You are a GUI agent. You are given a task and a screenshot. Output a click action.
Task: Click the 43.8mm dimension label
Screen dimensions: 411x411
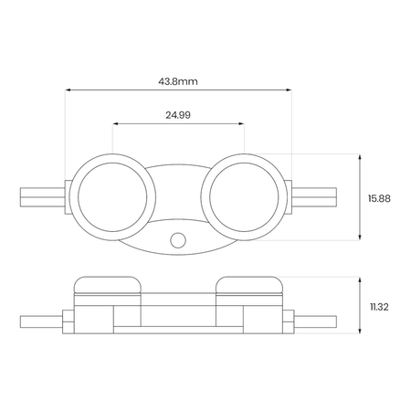coord(178,81)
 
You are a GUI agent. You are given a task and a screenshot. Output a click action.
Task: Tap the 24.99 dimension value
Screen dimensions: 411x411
coord(178,115)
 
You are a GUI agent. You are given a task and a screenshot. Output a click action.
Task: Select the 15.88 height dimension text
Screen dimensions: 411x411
coord(379,198)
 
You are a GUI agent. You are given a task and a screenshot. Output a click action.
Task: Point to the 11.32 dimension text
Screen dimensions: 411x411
coord(379,307)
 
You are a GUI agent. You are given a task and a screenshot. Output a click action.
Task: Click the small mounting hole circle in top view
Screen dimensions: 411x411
coord(178,240)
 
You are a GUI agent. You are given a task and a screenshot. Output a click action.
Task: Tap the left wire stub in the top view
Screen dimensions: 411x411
coord(42,197)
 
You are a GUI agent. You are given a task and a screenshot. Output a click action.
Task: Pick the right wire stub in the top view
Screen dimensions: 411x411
coord(314,197)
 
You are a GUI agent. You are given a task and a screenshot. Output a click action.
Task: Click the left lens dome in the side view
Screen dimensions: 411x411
coord(108,285)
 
